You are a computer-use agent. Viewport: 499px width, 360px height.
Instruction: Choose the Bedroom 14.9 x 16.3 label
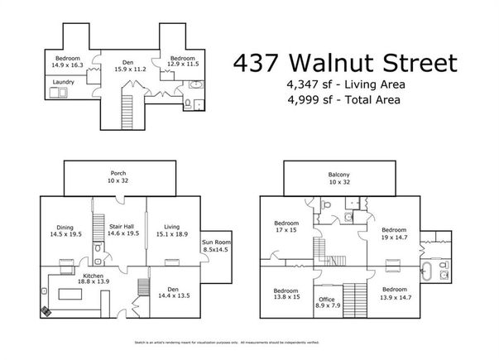click(x=67, y=62)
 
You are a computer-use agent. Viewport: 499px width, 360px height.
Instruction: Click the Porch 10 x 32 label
click(x=120, y=177)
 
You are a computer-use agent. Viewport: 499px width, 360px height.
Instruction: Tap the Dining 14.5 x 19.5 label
click(x=67, y=231)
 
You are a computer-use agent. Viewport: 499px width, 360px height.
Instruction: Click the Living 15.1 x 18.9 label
click(x=172, y=231)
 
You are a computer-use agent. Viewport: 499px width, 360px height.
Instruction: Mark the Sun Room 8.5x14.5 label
click(x=218, y=246)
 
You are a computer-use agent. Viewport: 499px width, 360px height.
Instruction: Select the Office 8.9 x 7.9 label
click(x=325, y=303)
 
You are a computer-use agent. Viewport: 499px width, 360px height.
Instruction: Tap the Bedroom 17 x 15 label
click(x=288, y=227)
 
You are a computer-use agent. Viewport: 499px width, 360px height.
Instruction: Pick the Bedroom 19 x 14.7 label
click(x=394, y=233)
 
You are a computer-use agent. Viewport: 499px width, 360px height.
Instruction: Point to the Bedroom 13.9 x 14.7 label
click(x=396, y=293)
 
